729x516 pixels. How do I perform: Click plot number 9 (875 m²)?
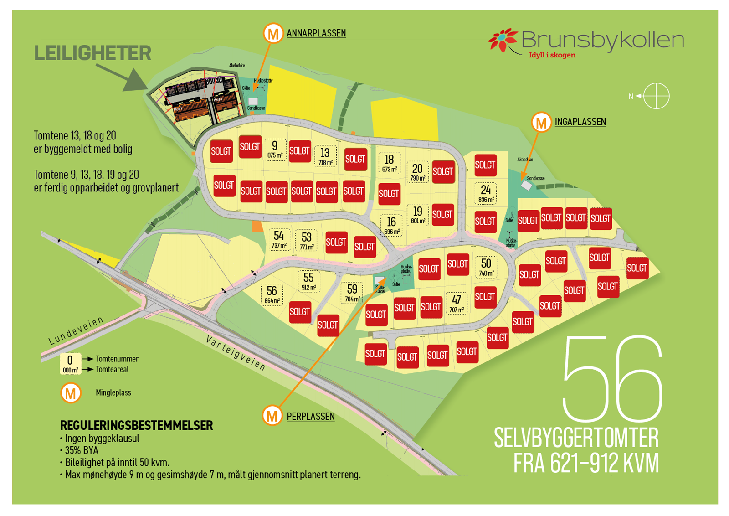pyautogui.click(x=275, y=150)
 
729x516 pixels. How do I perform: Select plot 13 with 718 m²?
pyautogui.click(x=325, y=156)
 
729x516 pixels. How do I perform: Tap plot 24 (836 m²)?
pyautogui.click(x=486, y=193)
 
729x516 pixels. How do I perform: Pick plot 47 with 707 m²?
pyautogui.click(x=457, y=304)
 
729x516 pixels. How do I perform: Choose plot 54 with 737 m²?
pyautogui.click(x=279, y=239)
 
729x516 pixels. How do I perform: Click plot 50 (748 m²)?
pyautogui.click(x=486, y=267)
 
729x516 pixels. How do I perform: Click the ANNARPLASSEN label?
pyautogui.click(x=316, y=33)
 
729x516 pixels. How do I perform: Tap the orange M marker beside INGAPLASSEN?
pyautogui.click(x=541, y=122)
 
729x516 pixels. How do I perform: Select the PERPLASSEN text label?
pyautogui.click(x=311, y=417)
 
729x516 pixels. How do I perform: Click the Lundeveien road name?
pyautogui.click(x=76, y=330)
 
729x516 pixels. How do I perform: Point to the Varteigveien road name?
pyautogui.click(x=236, y=353)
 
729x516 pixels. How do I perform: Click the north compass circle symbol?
pyautogui.click(x=656, y=96)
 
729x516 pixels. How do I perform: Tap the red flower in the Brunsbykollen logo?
pyautogui.click(x=503, y=40)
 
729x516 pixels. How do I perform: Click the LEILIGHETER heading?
pyautogui.click(x=93, y=53)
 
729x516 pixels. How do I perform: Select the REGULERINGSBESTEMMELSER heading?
pyautogui.click(x=137, y=426)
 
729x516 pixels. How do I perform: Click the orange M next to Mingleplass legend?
pyautogui.click(x=71, y=393)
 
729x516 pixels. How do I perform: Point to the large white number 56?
pyautogui.click(x=612, y=379)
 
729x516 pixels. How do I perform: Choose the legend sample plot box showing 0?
pyautogui.click(x=70, y=364)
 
